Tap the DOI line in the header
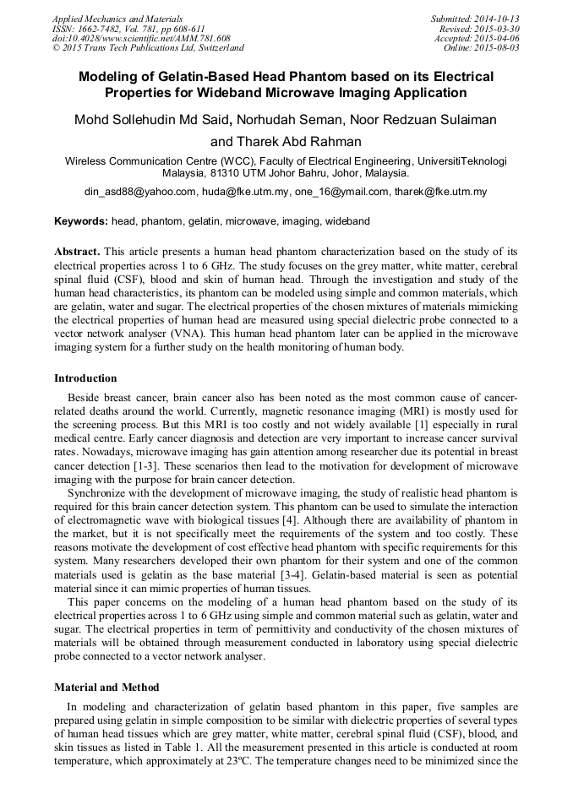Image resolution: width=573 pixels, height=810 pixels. pyautogui.click(x=140, y=38)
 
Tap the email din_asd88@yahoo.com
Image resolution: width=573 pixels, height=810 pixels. pyautogui.click(x=139, y=192)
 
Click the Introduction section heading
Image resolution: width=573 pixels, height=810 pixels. pyautogui.click(x=85, y=378)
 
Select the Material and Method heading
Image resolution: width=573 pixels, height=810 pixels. pyautogui.click(x=106, y=687)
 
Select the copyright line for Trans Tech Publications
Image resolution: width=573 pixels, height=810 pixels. pyautogui.click(x=148, y=48)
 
